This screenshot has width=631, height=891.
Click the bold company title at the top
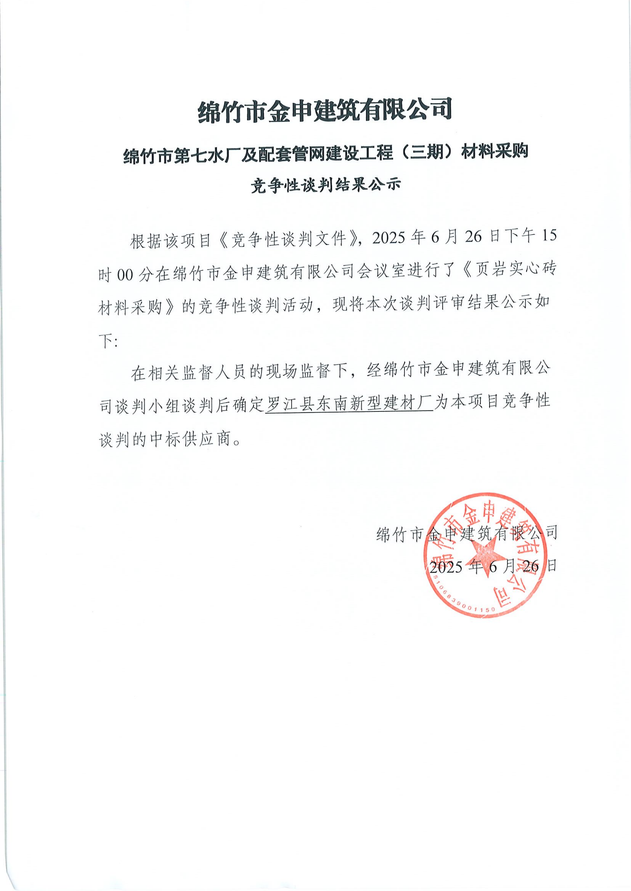pyautogui.click(x=325, y=110)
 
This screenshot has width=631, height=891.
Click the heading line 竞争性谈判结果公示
pyautogui.click(x=325, y=185)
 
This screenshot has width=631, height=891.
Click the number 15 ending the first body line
pyautogui.click(x=549, y=237)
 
